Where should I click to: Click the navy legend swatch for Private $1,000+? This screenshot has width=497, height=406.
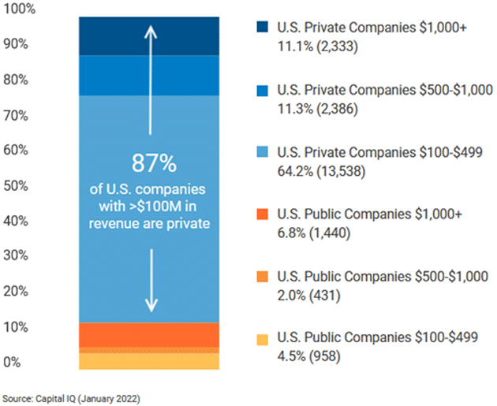[263, 28]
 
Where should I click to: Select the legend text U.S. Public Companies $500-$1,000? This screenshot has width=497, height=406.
[383, 277]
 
